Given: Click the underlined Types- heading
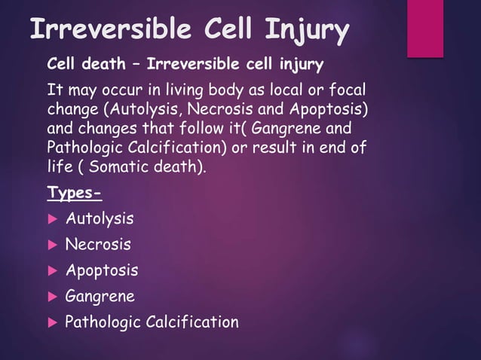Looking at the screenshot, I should coord(74,193).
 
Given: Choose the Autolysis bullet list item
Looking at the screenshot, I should coord(100,219).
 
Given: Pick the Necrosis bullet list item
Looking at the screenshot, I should coord(98,245).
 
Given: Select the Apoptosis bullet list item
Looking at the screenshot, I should coord(102,270).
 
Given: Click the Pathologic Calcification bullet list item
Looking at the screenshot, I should coord(152,322).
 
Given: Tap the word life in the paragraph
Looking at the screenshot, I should coord(60,166).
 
